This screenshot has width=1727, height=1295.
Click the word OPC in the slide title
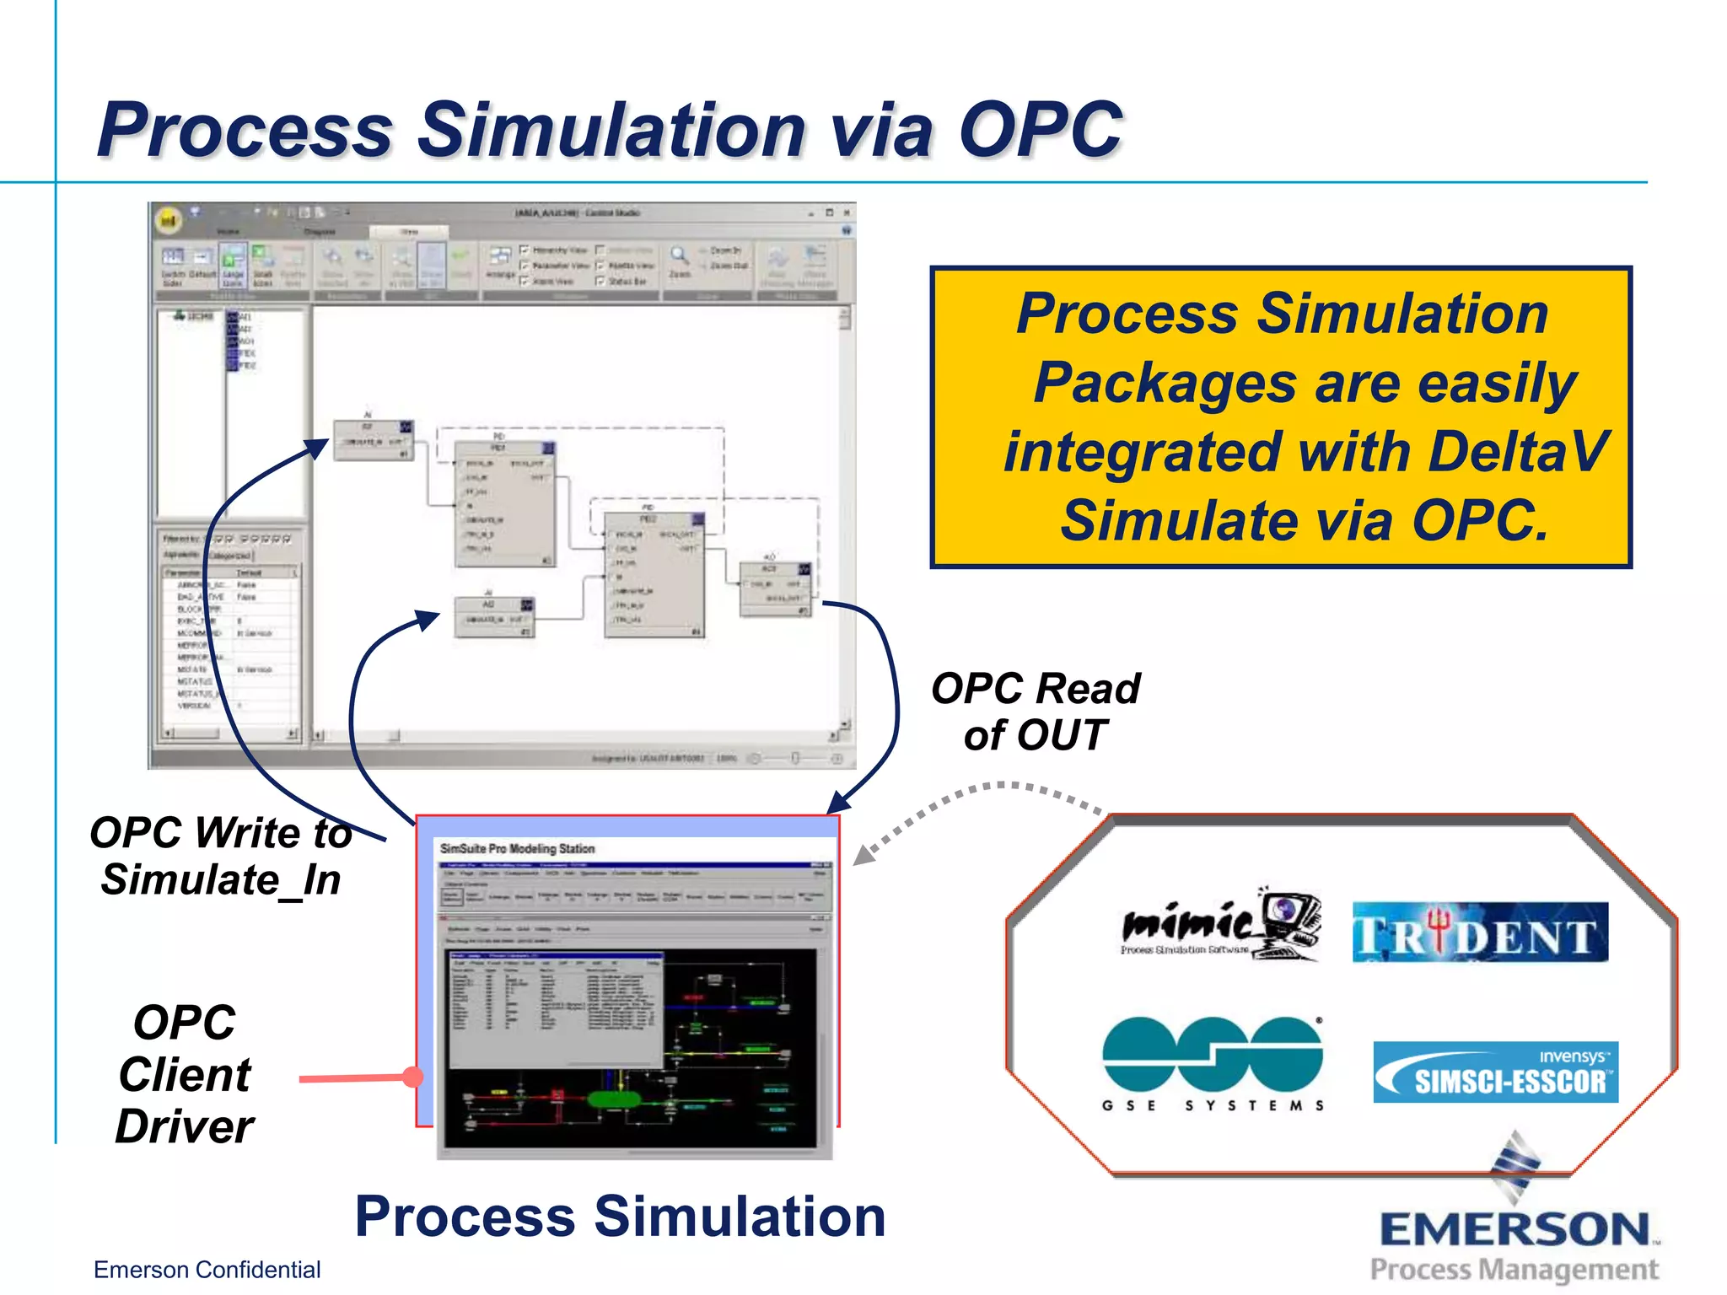point(1040,130)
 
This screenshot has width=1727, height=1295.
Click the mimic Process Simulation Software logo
point(1219,926)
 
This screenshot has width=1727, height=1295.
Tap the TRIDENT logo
point(1480,933)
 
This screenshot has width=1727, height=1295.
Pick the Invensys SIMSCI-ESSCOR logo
point(1495,1072)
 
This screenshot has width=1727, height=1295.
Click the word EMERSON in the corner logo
point(1514,1229)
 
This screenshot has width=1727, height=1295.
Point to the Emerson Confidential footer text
point(207,1270)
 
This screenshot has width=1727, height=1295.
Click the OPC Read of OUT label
point(1036,711)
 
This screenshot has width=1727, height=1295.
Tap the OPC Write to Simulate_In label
point(221,856)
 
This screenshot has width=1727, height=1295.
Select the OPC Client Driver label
point(185,1074)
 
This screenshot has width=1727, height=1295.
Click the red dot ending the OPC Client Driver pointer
point(412,1077)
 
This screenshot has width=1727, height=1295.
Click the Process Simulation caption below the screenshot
point(620,1217)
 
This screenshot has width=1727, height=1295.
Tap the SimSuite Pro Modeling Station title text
point(517,849)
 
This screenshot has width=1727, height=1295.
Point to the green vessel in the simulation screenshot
point(614,1099)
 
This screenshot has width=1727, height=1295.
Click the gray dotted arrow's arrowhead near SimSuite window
point(863,856)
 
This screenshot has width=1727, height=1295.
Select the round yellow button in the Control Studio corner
point(169,221)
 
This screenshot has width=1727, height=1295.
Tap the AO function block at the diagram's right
point(775,588)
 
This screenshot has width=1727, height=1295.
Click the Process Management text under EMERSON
point(1514,1269)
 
